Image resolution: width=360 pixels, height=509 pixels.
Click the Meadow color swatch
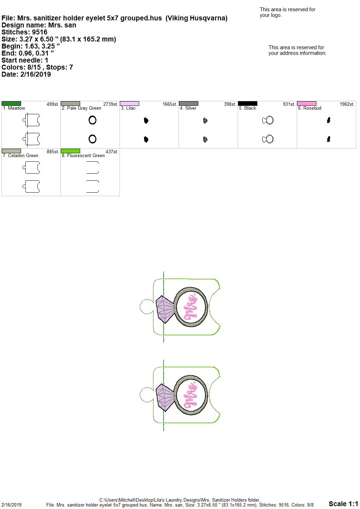(11, 103)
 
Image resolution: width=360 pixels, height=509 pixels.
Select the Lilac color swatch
(129, 103)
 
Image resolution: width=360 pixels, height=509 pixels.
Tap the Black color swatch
(248, 103)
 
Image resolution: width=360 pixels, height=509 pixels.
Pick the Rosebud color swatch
(307, 103)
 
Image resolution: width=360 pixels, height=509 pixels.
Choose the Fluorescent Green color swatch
(70, 151)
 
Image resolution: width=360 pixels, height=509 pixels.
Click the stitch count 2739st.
(111, 104)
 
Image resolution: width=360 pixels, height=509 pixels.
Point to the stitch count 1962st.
(347, 104)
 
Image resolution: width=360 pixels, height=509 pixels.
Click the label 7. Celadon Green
(20, 155)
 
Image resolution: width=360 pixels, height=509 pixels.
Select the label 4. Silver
(188, 108)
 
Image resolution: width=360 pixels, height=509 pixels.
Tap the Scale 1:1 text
(343, 504)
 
